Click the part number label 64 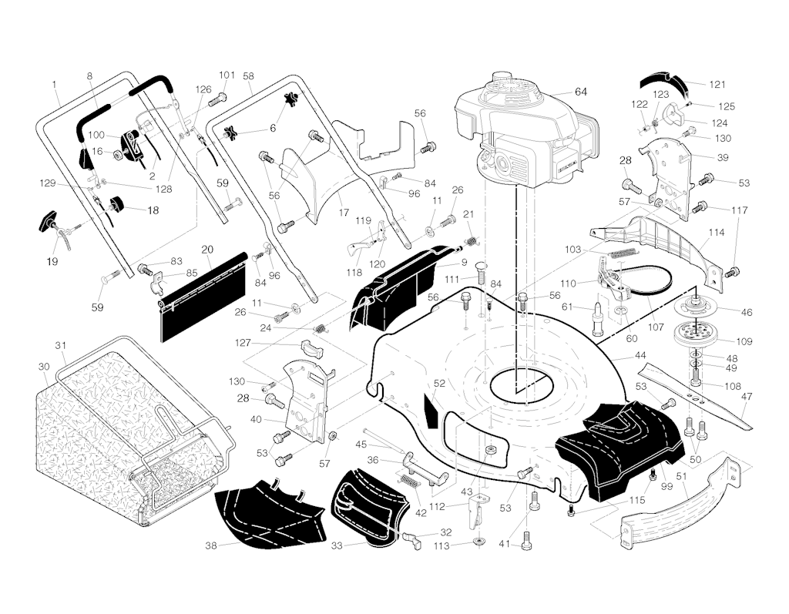(580, 92)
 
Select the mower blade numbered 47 (693, 393)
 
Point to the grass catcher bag (116, 439)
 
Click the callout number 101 (226, 75)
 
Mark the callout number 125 (726, 106)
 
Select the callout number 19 (52, 261)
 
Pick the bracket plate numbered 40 (305, 401)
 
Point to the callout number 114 (716, 232)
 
